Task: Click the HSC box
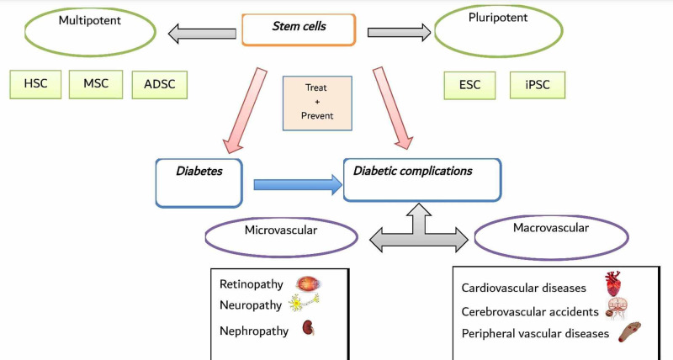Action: tap(35, 84)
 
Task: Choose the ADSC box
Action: tap(159, 85)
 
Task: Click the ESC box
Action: tap(471, 85)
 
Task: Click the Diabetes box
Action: tap(199, 183)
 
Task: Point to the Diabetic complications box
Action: tap(421, 179)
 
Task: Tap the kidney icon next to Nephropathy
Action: tap(308, 330)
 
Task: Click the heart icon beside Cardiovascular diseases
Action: tap(615, 283)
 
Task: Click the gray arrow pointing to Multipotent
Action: tap(202, 34)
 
